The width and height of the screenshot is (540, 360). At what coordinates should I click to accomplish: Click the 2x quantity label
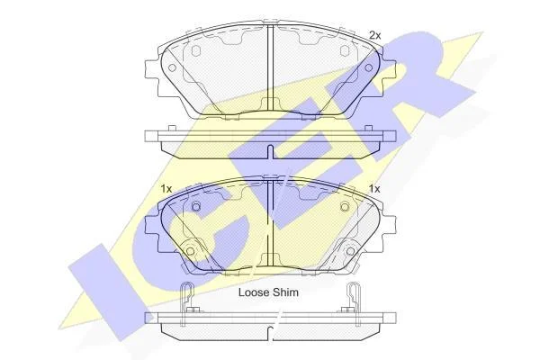click(374, 35)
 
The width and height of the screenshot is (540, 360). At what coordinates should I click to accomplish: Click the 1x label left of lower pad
click(166, 189)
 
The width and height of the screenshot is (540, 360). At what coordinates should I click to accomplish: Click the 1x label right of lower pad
click(374, 189)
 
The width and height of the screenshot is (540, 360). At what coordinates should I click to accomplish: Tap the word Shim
click(286, 292)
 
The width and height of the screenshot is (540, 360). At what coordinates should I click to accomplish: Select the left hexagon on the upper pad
click(195, 51)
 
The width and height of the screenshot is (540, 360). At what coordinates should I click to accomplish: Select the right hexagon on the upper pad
click(345, 51)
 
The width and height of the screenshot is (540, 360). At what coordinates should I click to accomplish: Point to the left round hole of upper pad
click(172, 67)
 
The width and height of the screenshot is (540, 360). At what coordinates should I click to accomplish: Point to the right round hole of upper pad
click(369, 67)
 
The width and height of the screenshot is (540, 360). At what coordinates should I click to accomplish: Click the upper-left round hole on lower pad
click(195, 207)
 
